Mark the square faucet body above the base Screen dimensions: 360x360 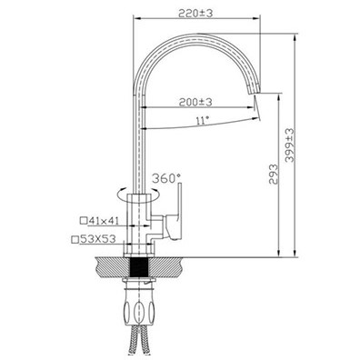143,218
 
